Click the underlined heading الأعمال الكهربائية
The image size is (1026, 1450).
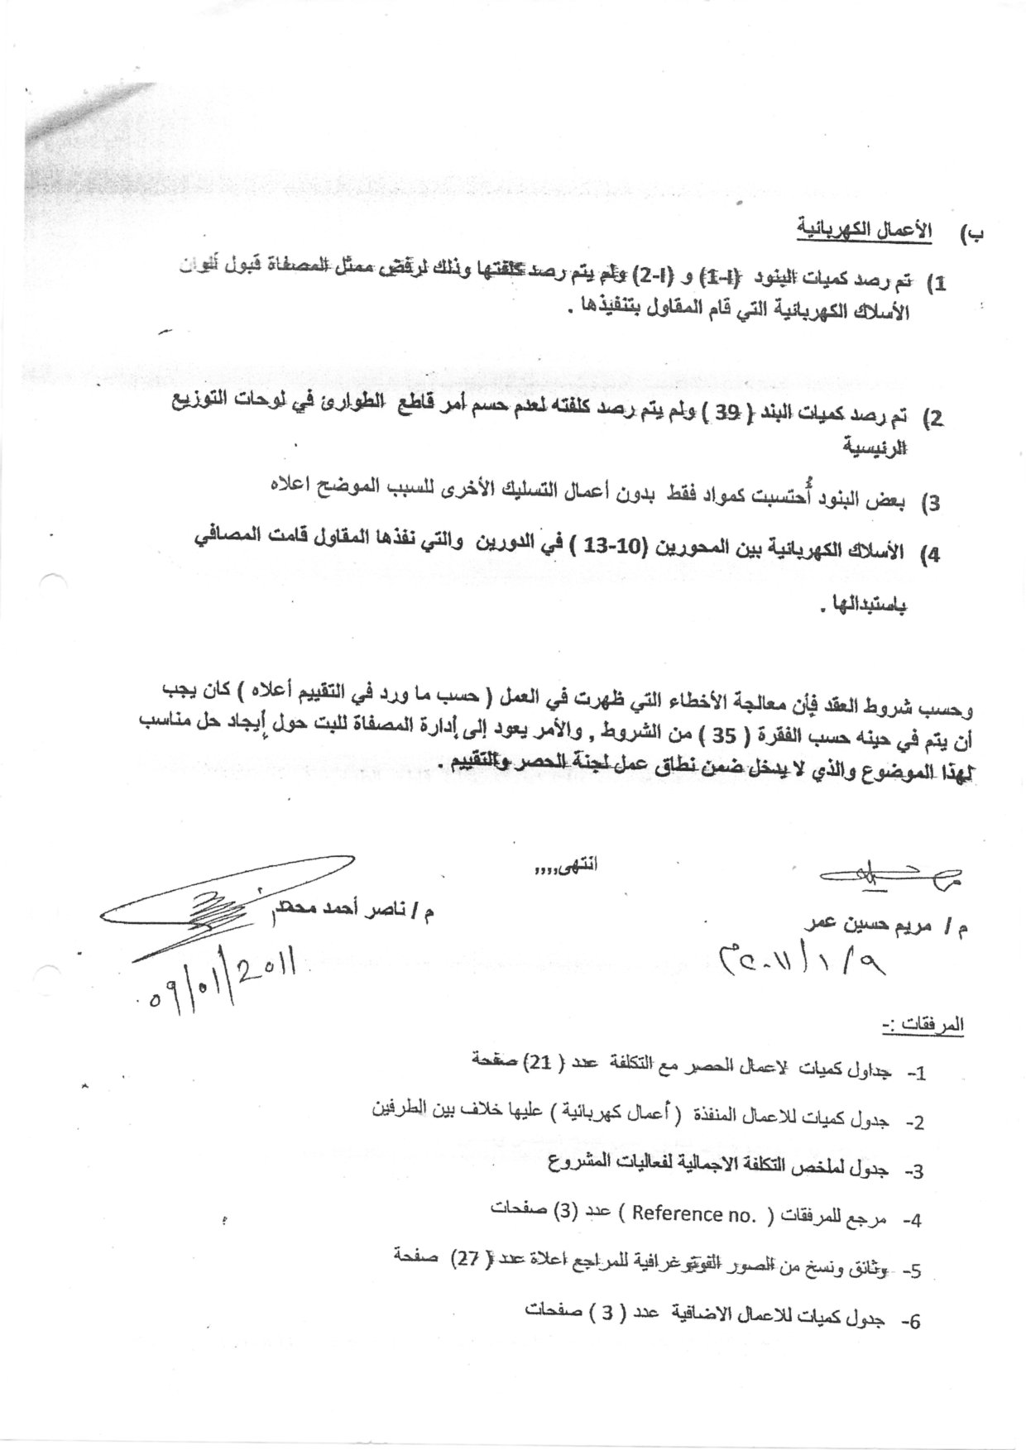(864, 228)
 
